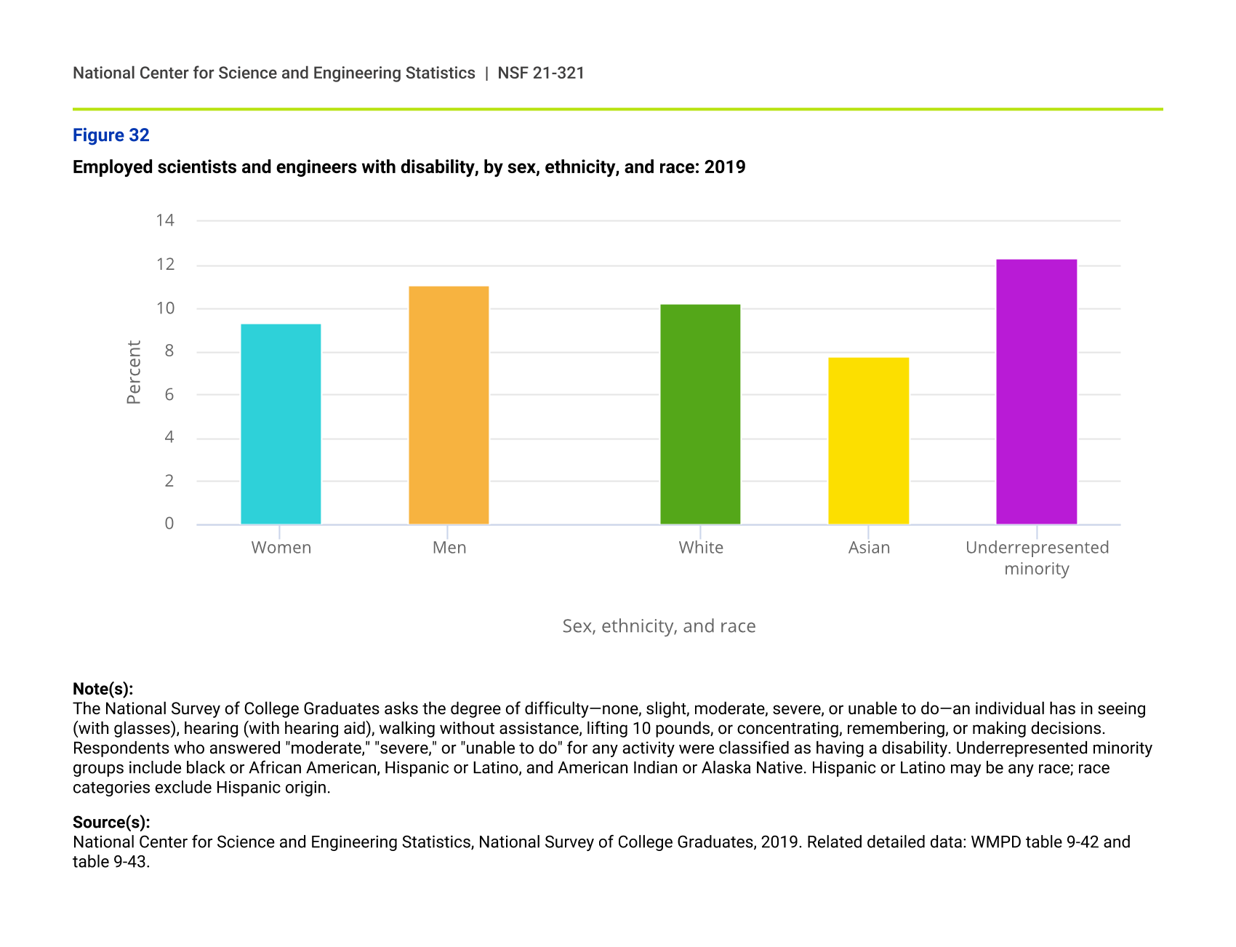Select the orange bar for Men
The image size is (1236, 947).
[x=449, y=405]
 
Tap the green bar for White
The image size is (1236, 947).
[x=700, y=414]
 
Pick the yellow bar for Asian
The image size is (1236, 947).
[x=868, y=441]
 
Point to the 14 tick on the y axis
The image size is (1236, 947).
[x=165, y=220]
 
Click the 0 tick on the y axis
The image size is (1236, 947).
[x=169, y=524]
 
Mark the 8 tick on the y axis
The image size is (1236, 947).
[x=169, y=351]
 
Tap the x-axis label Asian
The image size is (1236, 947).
[x=869, y=548]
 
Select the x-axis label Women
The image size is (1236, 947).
[x=281, y=548]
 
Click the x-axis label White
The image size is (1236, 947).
[x=701, y=548]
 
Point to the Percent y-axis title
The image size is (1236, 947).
[x=134, y=372]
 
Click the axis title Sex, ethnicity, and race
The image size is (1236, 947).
[x=659, y=626]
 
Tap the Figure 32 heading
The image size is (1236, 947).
[x=111, y=135]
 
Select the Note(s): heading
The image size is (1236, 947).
[x=103, y=689]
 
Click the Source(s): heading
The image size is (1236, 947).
[x=111, y=822]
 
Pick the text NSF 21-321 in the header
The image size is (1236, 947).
[x=541, y=73]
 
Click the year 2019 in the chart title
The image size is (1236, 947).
[x=725, y=167]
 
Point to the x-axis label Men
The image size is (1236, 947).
[x=449, y=548]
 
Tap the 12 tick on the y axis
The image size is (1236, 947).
[x=165, y=264]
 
